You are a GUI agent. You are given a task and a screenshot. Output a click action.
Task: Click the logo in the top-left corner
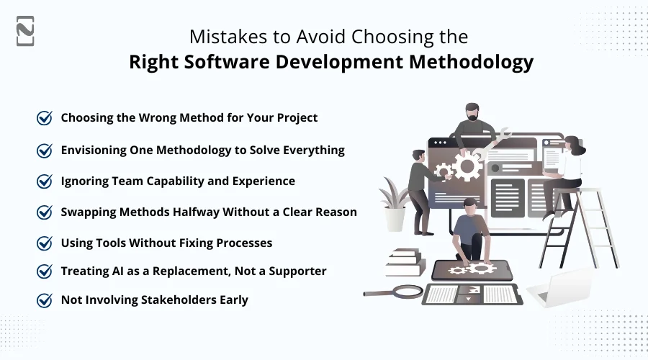25,30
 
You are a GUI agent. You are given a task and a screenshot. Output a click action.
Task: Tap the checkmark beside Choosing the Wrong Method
45,117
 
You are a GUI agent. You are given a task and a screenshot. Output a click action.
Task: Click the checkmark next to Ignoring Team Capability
45,181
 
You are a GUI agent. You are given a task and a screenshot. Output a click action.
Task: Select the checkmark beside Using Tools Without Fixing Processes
45,243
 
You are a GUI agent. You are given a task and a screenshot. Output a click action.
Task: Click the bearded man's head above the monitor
472,112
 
